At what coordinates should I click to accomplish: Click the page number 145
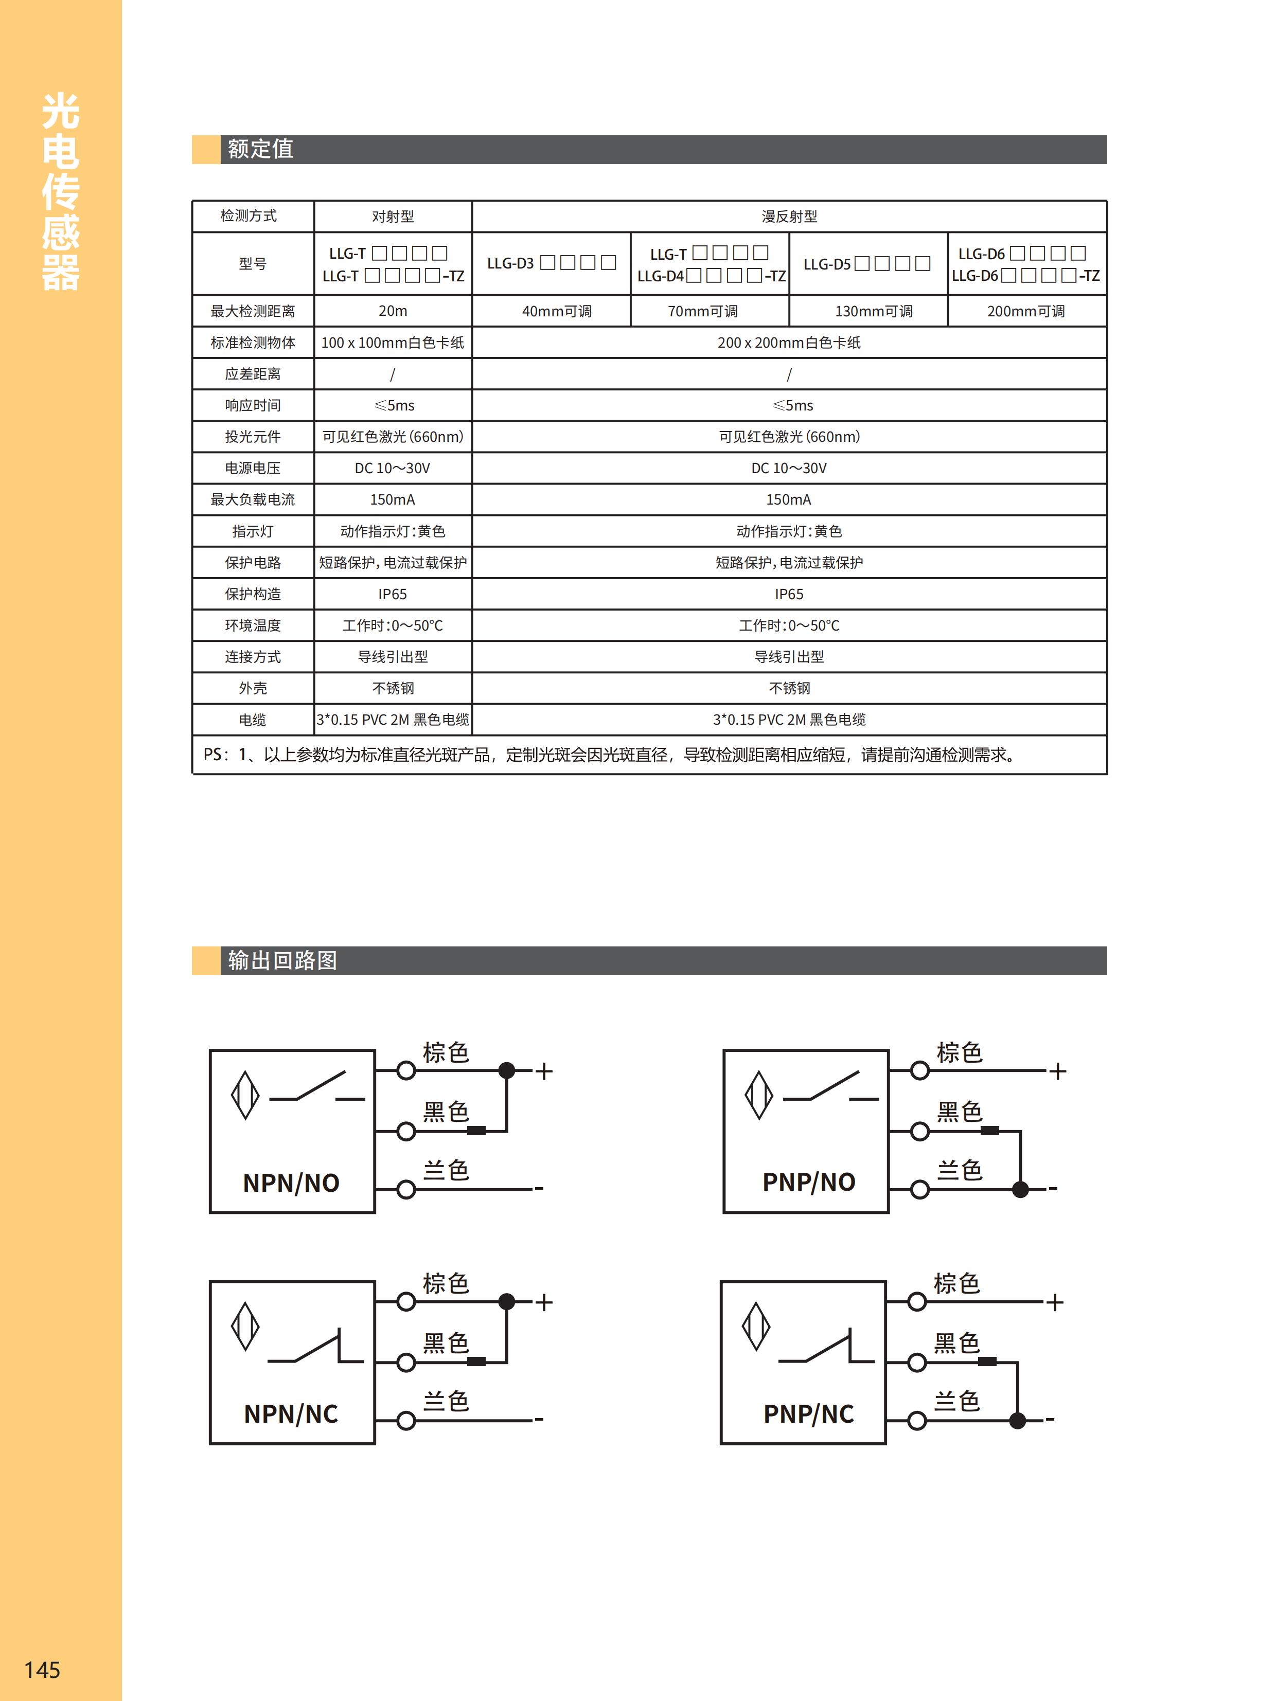42,1669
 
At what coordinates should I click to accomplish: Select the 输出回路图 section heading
282,960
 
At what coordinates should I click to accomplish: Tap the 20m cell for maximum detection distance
392,311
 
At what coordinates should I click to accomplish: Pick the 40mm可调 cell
556,311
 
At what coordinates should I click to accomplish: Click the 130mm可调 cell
873,311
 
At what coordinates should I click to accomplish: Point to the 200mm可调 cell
1025,311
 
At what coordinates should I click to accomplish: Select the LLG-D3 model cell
551,263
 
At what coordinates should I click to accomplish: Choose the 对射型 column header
392,216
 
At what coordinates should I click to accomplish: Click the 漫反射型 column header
789,216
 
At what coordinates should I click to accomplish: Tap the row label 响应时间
252,405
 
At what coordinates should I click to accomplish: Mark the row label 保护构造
252,594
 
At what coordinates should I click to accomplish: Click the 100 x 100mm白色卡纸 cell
392,342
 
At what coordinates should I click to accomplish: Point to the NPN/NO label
291,1183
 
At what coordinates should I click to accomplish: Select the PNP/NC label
808,1413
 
